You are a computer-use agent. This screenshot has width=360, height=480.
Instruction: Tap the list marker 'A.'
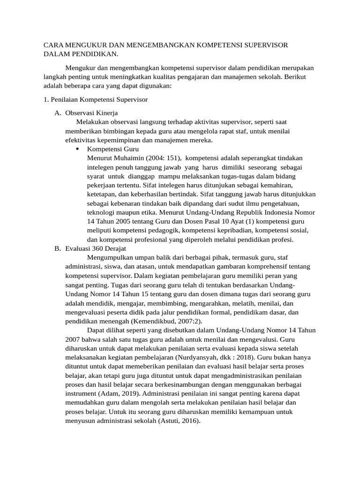pyautogui.click(x=58, y=113)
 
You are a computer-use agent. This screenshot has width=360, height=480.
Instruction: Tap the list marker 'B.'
pyautogui.click(x=58, y=248)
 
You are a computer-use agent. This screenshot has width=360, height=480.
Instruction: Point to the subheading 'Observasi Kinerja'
pyautogui.click(x=91, y=113)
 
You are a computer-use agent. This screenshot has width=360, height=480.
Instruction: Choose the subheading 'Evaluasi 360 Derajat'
pyautogui.click(x=96, y=248)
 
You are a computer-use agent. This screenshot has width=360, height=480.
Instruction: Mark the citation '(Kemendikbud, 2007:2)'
pyautogui.click(x=162, y=321)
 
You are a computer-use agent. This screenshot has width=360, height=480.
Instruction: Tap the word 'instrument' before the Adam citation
pyautogui.click(x=80, y=394)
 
